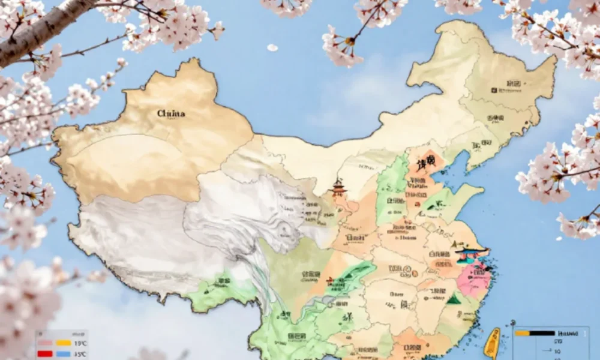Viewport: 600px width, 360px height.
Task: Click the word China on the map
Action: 171,113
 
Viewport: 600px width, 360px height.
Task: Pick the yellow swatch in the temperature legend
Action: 63,343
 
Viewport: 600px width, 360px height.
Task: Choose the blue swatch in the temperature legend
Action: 63,353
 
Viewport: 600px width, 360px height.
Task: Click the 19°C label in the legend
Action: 80,343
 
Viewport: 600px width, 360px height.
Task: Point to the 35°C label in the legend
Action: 80,354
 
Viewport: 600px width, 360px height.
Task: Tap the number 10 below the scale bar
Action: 557,352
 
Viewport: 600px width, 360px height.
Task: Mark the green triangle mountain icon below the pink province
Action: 454,298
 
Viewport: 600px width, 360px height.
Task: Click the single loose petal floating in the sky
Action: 272,47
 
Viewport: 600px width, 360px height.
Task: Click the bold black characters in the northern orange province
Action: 427,164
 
